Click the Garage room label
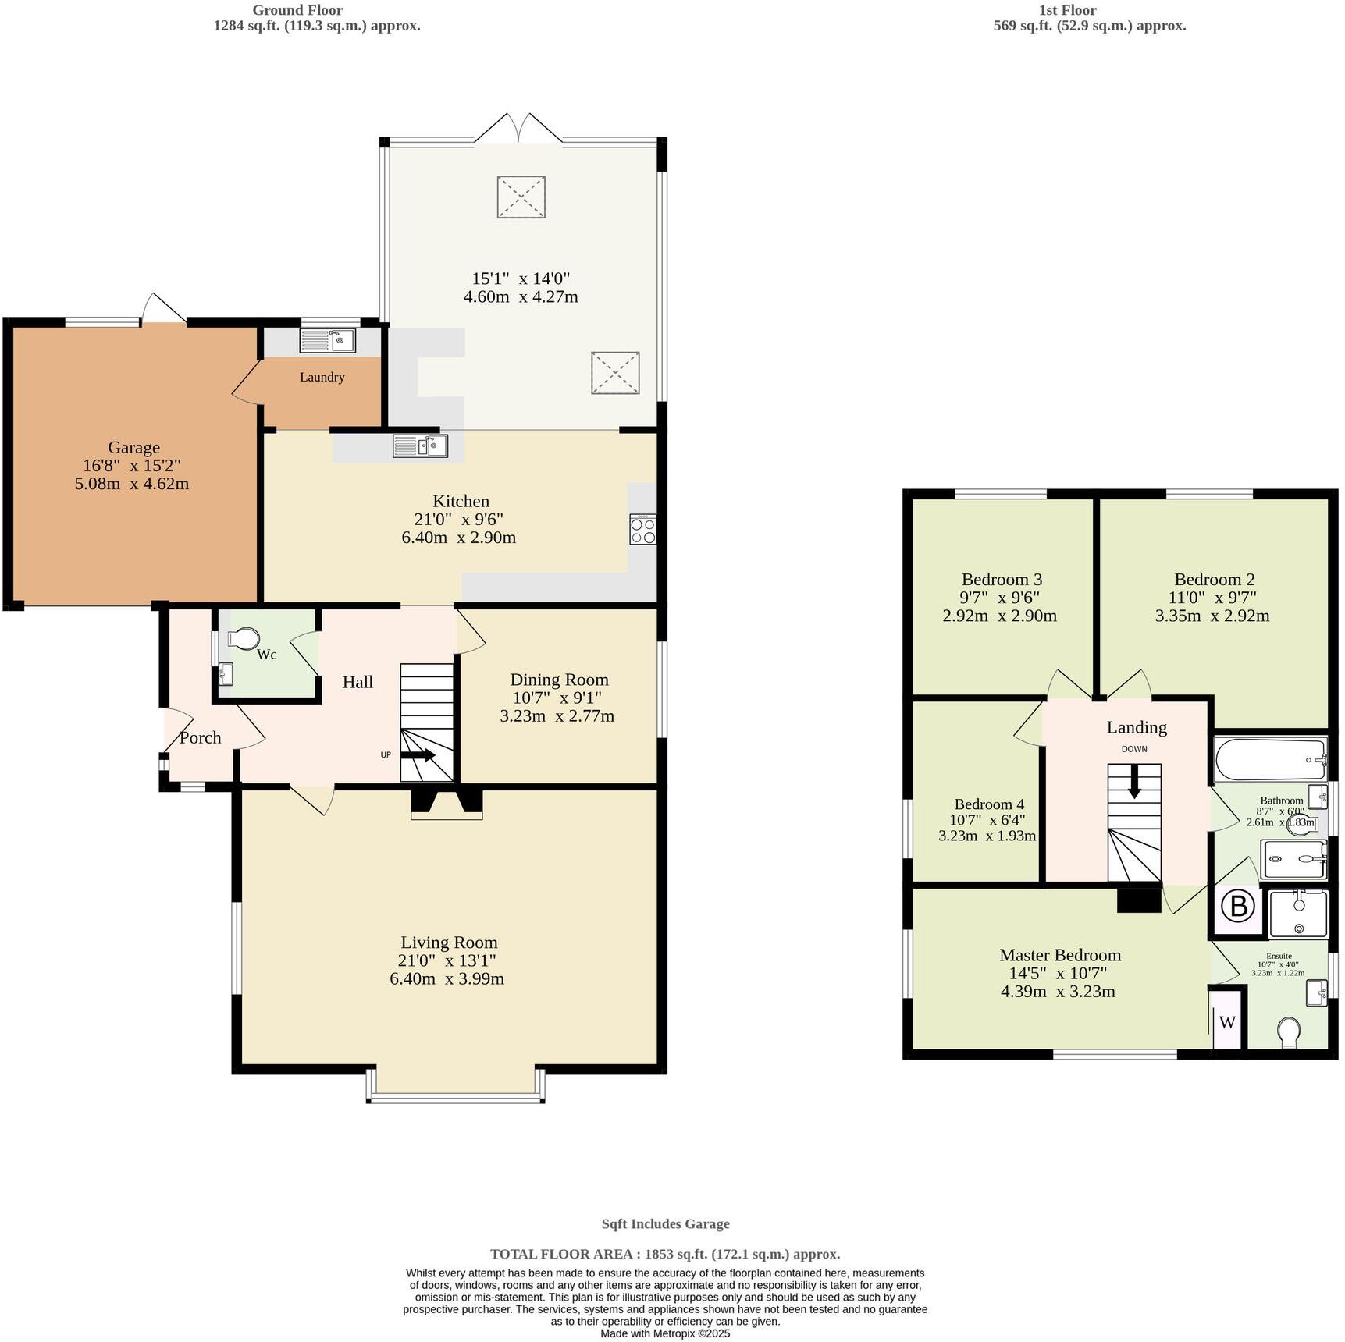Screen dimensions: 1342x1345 133,448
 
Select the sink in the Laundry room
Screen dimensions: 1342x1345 327,340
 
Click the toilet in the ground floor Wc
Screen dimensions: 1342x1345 244,639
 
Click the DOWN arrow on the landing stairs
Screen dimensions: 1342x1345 1134,783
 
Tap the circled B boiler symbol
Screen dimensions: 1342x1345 1237,907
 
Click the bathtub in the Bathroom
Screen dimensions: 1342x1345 1270,759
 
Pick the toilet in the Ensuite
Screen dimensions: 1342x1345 1290,1034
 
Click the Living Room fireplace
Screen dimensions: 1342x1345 447,804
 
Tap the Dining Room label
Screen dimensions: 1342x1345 559,680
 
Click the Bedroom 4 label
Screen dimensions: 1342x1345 989,804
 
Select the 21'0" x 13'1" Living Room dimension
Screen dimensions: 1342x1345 447,960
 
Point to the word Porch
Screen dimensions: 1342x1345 201,737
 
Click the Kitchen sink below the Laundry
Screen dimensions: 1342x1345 420,446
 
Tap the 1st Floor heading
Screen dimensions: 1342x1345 1067,10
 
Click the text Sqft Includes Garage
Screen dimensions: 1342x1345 665,1224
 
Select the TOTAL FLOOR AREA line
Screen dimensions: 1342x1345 665,1254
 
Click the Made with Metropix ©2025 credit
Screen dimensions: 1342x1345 665,1333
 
